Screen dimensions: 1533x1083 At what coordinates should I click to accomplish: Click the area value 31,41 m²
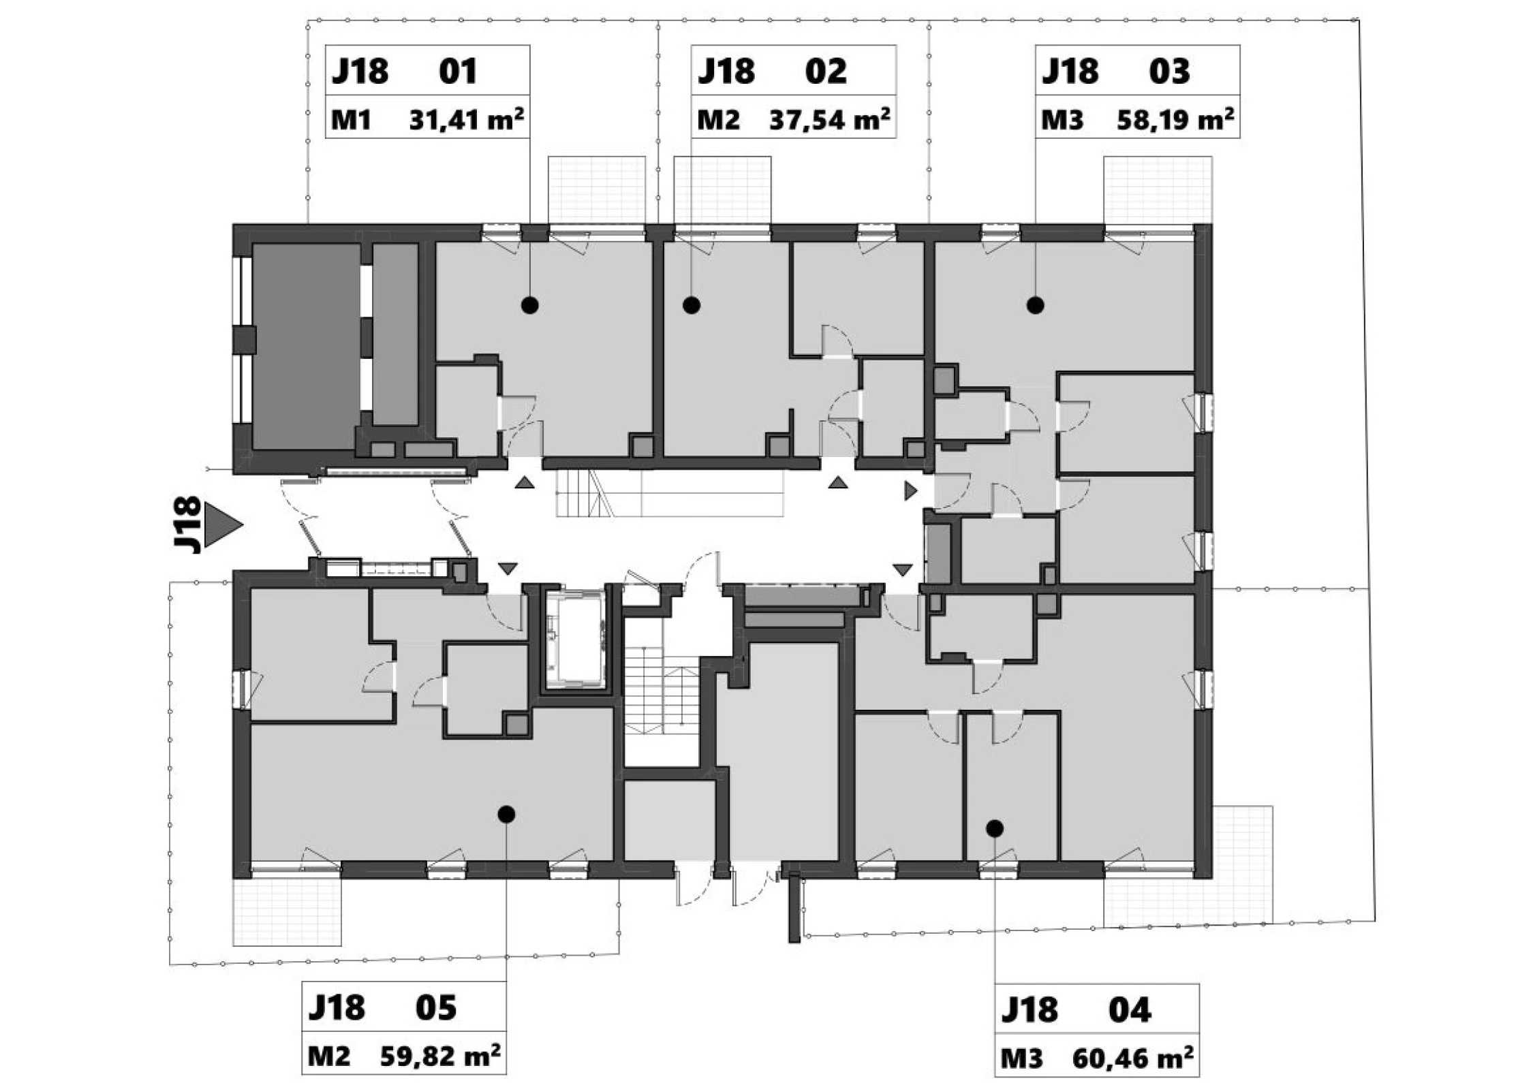[466, 119]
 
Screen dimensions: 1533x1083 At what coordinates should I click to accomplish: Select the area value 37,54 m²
[829, 119]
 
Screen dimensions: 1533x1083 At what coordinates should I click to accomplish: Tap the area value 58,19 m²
[1175, 119]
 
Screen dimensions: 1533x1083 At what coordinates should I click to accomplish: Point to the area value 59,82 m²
[440, 1055]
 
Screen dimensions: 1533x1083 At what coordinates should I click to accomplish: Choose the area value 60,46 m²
[1132, 1058]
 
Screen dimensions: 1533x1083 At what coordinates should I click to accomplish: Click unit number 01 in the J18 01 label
[458, 71]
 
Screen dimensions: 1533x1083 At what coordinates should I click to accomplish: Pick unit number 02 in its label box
[826, 71]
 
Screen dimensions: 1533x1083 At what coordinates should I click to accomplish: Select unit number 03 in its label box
[1170, 71]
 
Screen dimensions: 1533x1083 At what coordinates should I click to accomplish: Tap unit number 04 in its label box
[1130, 1009]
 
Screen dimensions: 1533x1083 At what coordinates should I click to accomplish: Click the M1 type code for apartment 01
[351, 121]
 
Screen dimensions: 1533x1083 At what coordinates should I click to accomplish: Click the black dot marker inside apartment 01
[530, 305]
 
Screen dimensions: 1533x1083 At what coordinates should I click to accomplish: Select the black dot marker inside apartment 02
[692, 305]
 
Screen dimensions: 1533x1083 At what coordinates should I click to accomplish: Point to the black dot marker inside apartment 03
[1036, 305]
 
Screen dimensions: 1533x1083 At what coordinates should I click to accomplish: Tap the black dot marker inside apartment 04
[995, 828]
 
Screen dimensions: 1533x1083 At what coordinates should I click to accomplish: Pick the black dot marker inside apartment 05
[506, 814]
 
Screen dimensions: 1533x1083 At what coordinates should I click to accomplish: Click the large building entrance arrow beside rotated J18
[223, 525]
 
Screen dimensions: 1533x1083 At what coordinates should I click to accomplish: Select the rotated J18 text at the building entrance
[187, 524]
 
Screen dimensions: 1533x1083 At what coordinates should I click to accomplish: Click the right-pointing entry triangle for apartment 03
[910, 490]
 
